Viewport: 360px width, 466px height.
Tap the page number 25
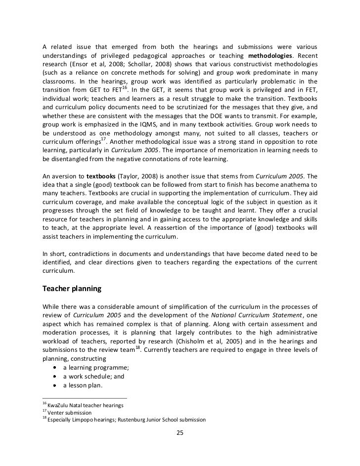180,433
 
